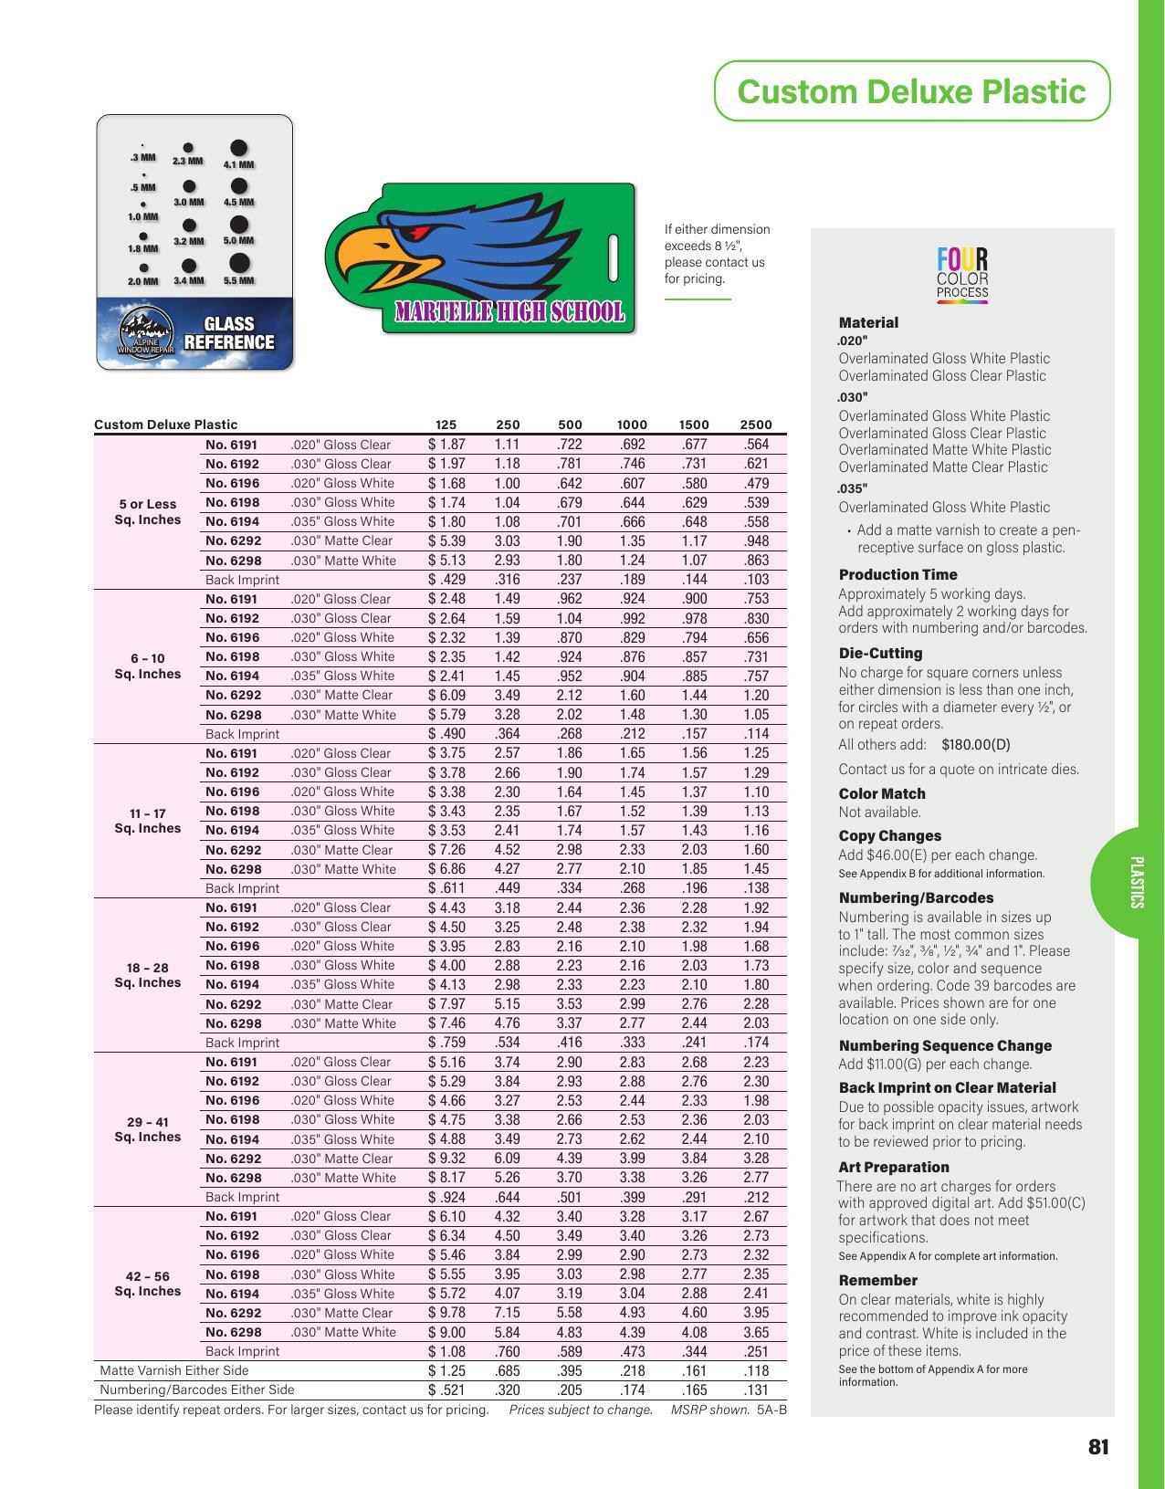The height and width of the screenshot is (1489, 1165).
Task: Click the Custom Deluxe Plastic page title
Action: pos(911,91)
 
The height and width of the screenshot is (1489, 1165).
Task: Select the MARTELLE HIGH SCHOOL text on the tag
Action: pos(509,312)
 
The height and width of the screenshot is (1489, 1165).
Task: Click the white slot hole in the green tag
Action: pos(614,257)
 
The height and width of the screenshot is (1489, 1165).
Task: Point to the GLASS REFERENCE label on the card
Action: pos(228,333)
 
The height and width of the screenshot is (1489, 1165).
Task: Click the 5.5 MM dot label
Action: pos(239,280)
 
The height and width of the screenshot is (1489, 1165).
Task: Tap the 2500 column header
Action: pos(756,425)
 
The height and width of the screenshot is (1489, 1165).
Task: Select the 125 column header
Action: pos(446,425)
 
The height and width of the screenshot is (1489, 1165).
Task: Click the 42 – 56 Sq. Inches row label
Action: pos(148,1284)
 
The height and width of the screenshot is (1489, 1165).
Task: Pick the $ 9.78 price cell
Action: pos(446,1313)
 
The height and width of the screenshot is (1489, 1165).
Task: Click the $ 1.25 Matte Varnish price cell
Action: pos(446,1370)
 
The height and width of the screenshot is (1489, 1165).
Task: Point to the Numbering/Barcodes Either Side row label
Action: pos(197,1389)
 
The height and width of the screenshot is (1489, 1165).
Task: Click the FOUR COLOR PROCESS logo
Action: pos(962,275)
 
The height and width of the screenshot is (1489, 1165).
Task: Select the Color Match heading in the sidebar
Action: pos(882,793)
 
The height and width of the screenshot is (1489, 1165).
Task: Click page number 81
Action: pos(1098,1447)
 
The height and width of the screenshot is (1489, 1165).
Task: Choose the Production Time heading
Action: pos(897,574)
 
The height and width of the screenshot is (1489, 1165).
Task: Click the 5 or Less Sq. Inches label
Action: pos(148,511)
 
